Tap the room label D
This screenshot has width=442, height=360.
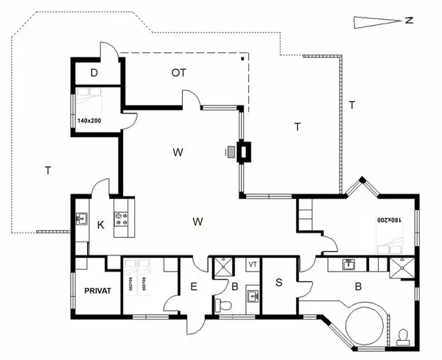coord(94,72)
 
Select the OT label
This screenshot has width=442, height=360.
coord(178,72)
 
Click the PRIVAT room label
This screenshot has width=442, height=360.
coord(97,291)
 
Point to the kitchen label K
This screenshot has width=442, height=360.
coord(101,225)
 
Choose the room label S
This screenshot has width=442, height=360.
coord(279,282)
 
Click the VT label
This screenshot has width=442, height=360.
coord(252,264)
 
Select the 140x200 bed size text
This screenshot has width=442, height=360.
coord(89,119)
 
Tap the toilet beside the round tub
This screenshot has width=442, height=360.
coord(403,336)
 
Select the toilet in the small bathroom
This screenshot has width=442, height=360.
coord(222,303)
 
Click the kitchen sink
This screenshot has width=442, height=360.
coord(81,219)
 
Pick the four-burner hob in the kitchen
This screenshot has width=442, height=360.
coord(122,219)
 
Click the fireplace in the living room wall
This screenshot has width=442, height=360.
coord(243,152)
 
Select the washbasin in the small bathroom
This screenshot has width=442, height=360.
coord(252,296)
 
